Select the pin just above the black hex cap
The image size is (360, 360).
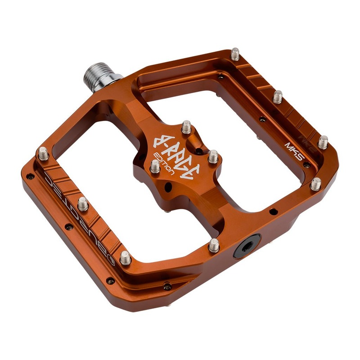(x=214, y=245)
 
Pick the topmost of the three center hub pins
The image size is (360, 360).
(x=186, y=127)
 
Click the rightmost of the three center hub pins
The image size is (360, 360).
(x=213, y=157)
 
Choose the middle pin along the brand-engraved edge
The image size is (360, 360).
(x=83, y=204)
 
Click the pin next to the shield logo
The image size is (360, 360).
(x=126, y=257)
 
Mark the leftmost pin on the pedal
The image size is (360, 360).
(x=44, y=153)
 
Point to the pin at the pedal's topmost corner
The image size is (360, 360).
(x=235, y=54)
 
